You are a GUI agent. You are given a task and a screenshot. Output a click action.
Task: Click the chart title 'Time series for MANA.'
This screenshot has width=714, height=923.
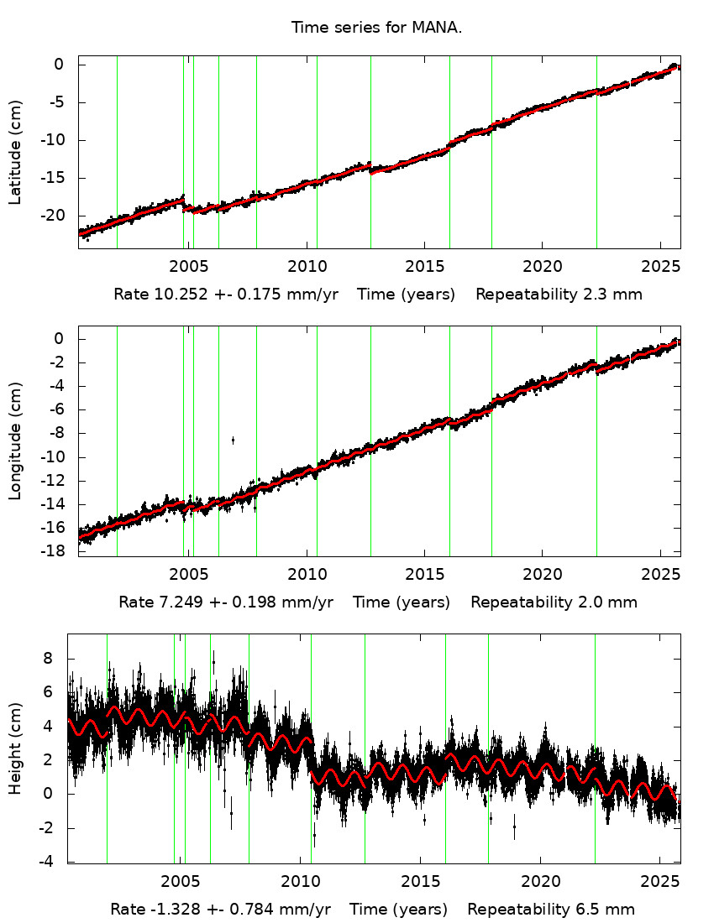pos(376,27)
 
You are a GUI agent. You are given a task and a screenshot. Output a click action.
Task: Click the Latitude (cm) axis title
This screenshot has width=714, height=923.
pos(15,152)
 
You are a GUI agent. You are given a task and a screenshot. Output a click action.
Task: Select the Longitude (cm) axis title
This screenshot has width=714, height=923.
pos(15,441)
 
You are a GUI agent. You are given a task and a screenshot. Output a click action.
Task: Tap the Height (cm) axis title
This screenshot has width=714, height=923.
pos(15,748)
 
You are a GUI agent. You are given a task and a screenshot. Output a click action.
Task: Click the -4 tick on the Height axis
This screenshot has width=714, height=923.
pos(55,862)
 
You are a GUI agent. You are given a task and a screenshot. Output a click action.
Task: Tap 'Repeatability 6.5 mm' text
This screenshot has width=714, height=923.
pos(551,910)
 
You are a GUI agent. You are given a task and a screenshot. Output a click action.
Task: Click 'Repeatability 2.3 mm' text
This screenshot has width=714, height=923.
pos(559,295)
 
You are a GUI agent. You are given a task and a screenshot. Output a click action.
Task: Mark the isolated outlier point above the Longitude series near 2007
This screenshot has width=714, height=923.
pos(233,440)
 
